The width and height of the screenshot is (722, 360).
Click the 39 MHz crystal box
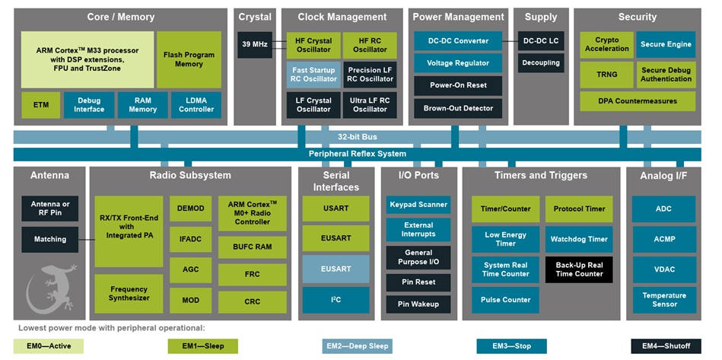coord(255,45)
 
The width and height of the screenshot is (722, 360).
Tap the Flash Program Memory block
coord(189,59)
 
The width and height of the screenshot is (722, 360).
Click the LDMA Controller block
coord(196,105)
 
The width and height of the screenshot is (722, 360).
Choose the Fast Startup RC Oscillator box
coord(313,75)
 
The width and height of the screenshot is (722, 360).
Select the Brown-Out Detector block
coord(458,108)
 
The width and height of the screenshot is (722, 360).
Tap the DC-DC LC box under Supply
coord(541,41)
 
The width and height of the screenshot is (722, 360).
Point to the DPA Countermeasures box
coord(637,101)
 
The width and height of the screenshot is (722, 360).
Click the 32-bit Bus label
coord(357,137)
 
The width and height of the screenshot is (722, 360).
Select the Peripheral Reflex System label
coord(357,154)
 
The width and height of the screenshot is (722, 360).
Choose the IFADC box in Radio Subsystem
coord(190,239)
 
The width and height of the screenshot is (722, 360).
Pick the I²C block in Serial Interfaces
coord(336,300)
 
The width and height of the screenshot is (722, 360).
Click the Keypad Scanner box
coord(418,205)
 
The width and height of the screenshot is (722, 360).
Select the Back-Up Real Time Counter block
coord(579,269)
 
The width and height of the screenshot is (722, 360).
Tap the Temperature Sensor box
coord(663,300)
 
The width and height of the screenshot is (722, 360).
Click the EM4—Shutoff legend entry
coord(661,346)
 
